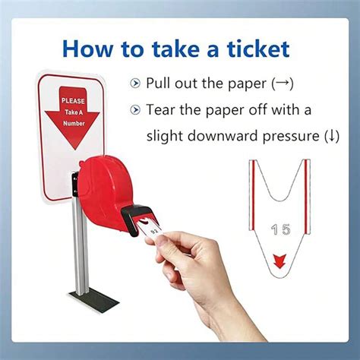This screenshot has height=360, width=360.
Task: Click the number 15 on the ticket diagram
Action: [x=279, y=227]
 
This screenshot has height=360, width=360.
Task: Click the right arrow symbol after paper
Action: [x=282, y=82]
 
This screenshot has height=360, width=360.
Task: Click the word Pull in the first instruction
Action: [x=160, y=82]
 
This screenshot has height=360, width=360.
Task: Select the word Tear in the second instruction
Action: [x=163, y=109]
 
